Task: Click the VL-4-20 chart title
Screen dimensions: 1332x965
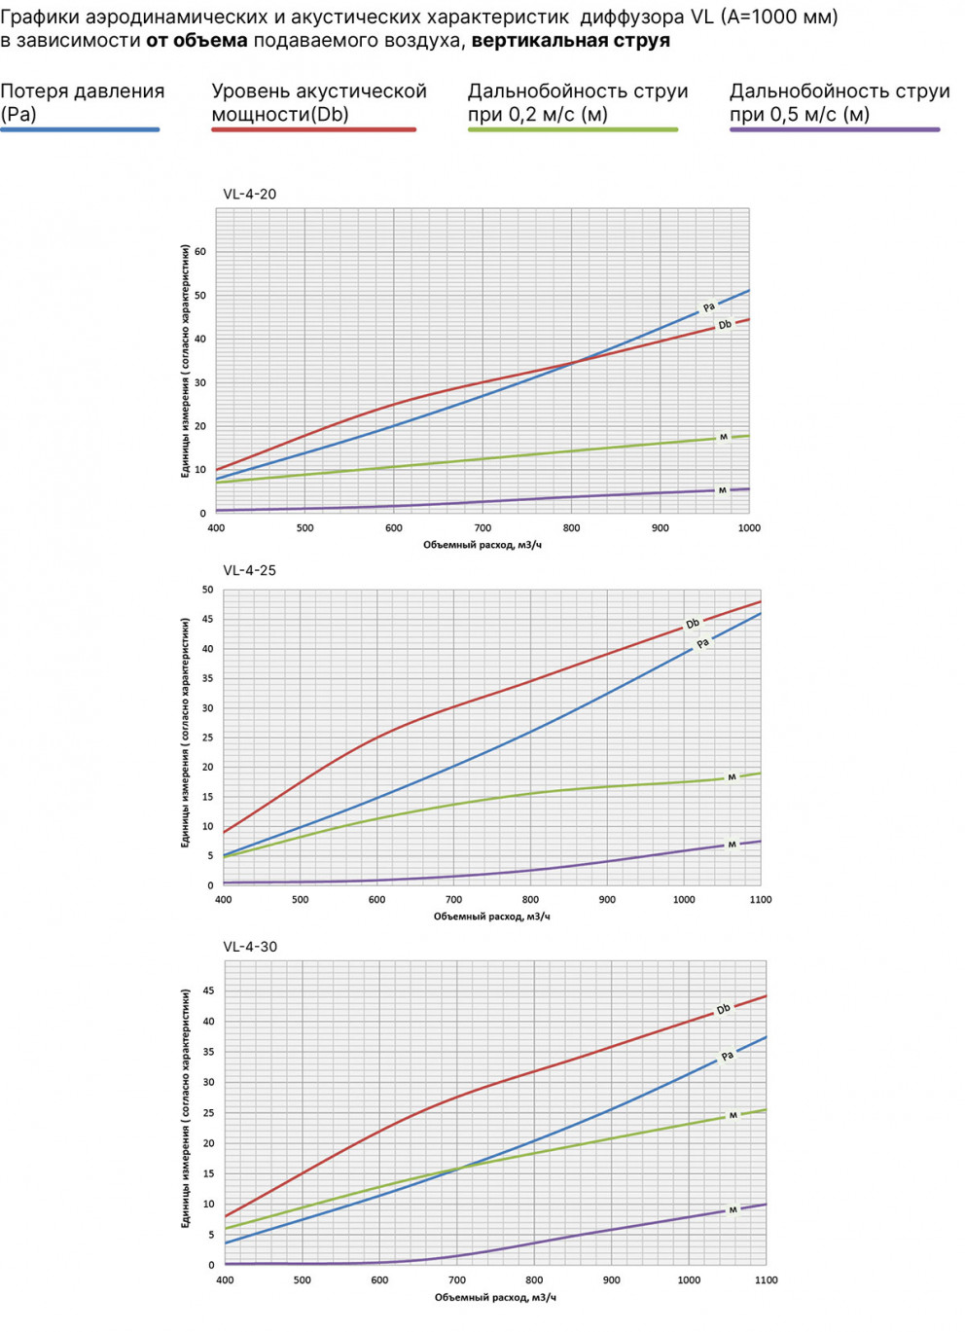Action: (249, 194)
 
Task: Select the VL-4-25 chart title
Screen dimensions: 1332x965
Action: (249, 570)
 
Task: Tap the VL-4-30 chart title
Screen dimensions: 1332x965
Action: (249, 947)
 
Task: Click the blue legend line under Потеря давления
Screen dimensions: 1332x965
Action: (80, 129)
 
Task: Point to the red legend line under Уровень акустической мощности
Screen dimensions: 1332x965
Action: (313, 129)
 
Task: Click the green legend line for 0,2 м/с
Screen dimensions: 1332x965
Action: (572, 129)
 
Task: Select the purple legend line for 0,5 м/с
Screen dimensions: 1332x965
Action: (835, 129)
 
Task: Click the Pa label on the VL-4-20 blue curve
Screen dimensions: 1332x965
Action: (709, 307)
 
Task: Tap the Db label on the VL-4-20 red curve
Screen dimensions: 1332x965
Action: (725, 325)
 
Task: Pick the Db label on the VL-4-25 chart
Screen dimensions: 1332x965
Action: (693, 624)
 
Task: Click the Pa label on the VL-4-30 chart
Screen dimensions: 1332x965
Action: (728, 1056)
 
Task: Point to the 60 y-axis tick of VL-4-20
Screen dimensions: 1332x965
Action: (200, 251)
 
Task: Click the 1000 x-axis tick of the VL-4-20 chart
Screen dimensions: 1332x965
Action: (749, 528)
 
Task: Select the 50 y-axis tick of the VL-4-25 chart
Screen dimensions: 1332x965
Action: (207, 590)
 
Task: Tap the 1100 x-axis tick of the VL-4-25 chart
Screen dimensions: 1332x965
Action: (761, 900)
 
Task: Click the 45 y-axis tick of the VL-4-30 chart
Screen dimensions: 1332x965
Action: (208, 990)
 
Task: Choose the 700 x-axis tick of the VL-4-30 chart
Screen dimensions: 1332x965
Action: (457, 1280)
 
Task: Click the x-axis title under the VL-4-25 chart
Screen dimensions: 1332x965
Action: (491, 917)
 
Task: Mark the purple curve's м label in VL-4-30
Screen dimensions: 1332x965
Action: (733, 1210)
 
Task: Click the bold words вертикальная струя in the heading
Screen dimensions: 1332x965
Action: (570, 41)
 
